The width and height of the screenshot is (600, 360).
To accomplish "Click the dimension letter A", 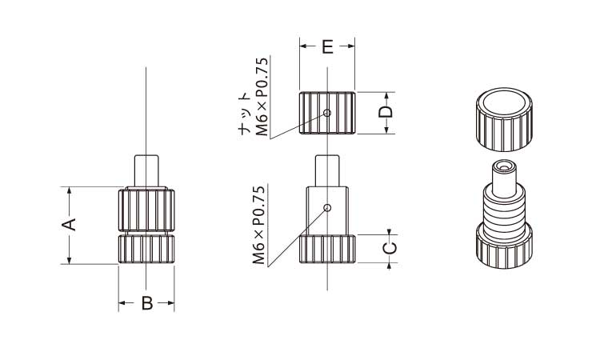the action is click(x=70, y=225).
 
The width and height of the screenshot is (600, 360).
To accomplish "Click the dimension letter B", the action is click(x=147, y=303).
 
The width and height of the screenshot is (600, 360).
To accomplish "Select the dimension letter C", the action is click(x=390, y=249).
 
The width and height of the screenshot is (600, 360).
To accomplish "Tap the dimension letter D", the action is click(x=386, y=112).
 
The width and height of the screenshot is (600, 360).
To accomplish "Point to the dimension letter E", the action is click(x=327, y=46).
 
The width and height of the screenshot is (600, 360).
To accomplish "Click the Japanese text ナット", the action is click(x=245, y=114).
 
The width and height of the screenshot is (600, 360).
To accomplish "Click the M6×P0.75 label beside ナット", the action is click(x=262, y=97).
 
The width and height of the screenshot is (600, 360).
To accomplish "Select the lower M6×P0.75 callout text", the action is click(x=259, y=225).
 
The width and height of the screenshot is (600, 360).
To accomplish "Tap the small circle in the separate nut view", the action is click(x=327, y=113).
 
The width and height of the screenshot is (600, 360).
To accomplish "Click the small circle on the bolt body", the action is click(x=327, y=208).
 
